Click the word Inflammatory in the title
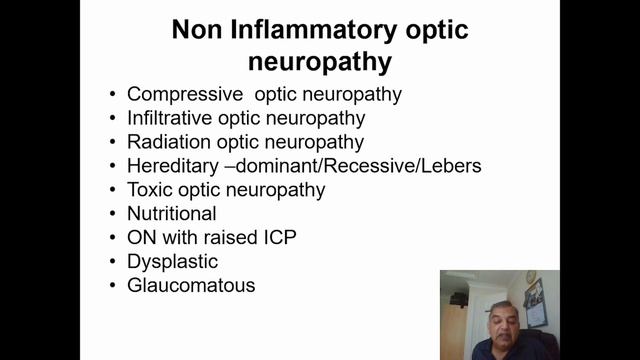pyautogui.click(x=306, y=31)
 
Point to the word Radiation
pyautogui.click(x=168, y=142)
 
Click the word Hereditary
pyautogui.click(x=171, y=166)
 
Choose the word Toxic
pyautogui.click(x=149, y=190)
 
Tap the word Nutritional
pyautogui.click(x=172, y=214)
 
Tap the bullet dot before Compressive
pyautogui.click(x=113, y=95)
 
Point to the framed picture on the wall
pyautogui.click(x=535, y=301)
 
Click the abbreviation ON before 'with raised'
pyautogui.click(x=141, y=238)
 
